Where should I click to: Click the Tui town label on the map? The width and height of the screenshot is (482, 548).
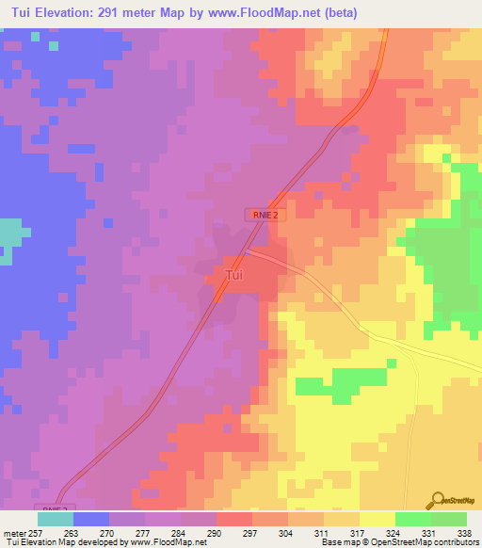click(235, 275)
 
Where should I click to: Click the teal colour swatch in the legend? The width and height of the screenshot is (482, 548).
click(55, 518)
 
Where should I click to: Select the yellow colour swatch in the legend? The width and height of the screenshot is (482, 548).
click(377, 518)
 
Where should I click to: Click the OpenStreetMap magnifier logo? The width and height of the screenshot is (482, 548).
click(437, 502)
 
